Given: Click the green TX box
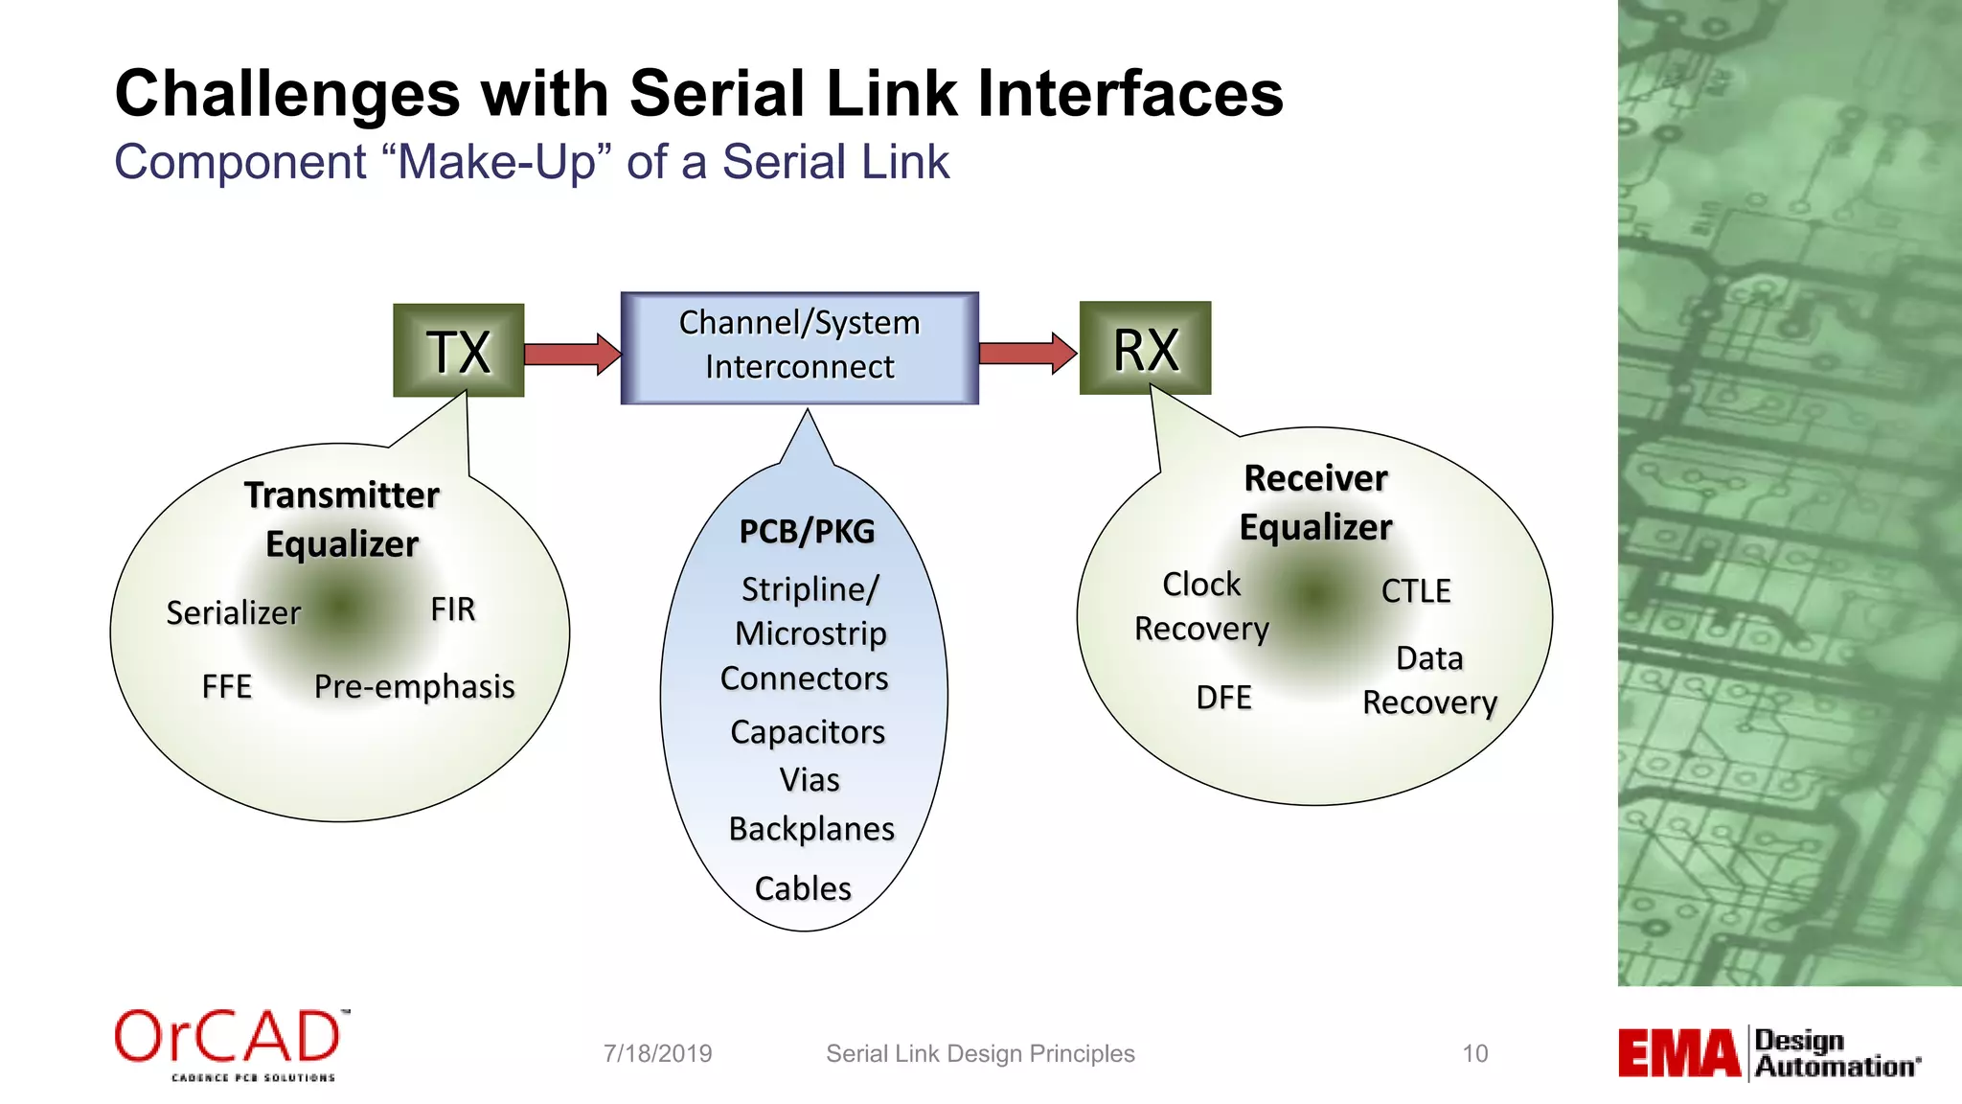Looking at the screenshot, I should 458,351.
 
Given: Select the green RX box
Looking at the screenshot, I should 1145,349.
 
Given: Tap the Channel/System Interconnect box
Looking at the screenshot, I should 799,347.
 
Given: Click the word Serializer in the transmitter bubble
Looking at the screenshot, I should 233,612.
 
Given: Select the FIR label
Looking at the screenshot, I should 452,609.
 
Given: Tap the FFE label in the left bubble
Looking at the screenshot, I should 226,686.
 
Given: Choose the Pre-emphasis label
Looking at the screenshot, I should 414,686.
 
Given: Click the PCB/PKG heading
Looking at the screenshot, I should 807,532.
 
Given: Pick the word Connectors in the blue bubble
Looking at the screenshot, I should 804,678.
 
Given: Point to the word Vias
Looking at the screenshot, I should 809,780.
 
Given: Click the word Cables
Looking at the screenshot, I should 803,888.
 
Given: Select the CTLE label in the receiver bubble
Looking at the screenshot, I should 1415,591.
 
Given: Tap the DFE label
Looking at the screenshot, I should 1223,698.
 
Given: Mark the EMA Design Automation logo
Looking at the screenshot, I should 1768,1053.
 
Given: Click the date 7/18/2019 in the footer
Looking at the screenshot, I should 657,1053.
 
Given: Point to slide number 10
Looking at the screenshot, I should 1474,1053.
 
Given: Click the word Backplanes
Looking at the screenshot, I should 810,829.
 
